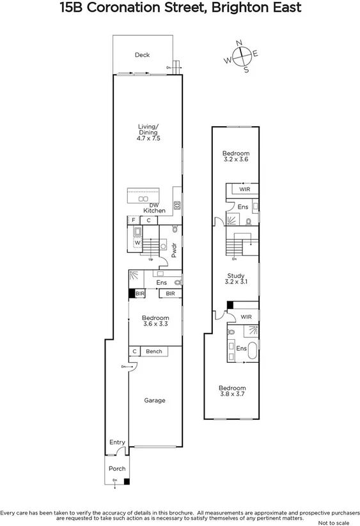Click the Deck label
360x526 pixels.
coord(142,55)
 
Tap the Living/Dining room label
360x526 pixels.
coord(148,129)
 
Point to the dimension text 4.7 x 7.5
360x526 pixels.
coord(148,138)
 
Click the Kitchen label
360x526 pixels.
coord(154,211)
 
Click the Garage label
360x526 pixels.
coord(154,401)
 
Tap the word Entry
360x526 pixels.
coord(117,442)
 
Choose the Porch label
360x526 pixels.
coord(117,468)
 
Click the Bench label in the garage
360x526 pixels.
coord(153,351)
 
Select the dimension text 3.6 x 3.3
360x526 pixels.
coord(155,325)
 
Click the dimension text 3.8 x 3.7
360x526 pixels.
coord(231,395)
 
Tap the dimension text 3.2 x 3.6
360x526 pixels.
coord(235,160)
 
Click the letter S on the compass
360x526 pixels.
coord(246,70)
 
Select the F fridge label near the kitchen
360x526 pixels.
coord(134,220)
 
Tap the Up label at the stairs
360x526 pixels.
coord(150,259)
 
